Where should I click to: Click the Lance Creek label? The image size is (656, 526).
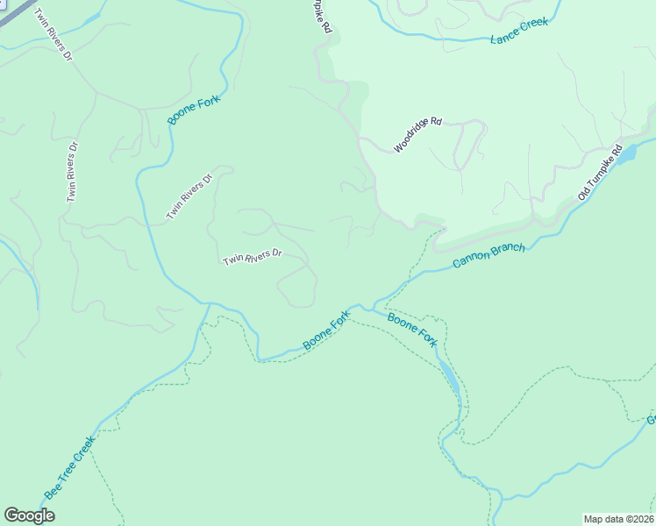coord(519,31)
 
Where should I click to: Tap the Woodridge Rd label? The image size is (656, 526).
coord(418,135)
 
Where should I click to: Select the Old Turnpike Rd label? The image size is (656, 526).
coord(600,172)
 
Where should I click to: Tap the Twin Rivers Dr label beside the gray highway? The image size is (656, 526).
coord(53,34)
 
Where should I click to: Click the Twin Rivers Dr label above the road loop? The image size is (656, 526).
coord(253,257)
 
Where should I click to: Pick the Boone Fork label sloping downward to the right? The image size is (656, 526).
coord(412,330)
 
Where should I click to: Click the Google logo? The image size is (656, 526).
coord(29,515)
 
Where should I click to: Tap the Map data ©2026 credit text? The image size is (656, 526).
coord(618,519)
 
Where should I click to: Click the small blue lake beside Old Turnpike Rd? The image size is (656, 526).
coord(626,155)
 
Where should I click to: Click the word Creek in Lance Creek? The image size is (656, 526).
coord(533,25)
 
